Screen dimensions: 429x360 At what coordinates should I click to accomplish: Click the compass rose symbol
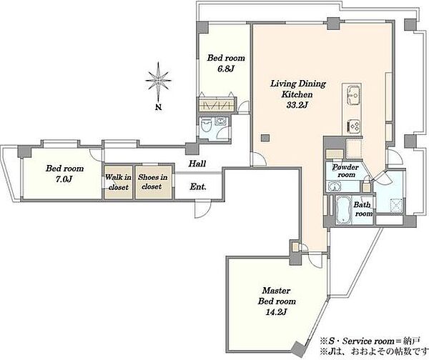(159, 81)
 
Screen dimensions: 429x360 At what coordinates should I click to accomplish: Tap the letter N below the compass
(159, 107)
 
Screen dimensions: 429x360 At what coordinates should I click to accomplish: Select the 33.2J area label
(297, 105)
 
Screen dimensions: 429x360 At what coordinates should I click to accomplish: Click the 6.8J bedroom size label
(226, 69)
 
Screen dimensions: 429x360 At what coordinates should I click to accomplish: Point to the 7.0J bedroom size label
(64, 179)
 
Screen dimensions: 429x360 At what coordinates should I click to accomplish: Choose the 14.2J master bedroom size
(276, 312)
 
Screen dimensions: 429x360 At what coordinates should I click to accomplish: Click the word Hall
(197, 164)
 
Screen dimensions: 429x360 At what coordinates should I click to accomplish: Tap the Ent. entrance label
(198, 187)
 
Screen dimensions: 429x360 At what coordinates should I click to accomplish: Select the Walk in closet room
(118, 182)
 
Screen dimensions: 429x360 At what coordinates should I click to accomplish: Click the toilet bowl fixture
(206, 126)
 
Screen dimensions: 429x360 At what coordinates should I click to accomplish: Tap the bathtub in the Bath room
(342, 210)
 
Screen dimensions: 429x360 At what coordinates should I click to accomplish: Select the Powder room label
(346, 171)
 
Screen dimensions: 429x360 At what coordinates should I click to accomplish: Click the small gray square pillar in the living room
(265, 138)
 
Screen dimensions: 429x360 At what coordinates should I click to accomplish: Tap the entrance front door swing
(202, 209)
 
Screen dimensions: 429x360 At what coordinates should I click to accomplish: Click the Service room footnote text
(370, 341)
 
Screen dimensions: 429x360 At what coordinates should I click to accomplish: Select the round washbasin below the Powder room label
(333, 187)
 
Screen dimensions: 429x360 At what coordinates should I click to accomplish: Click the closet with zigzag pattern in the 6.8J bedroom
(217, 105)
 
